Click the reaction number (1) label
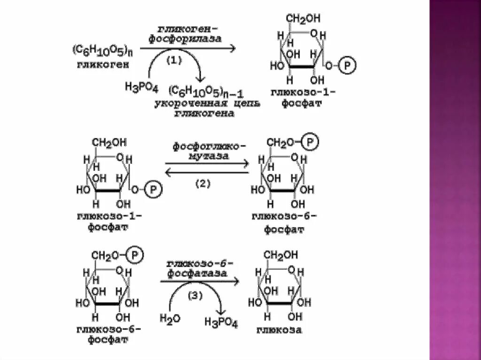point(174,61)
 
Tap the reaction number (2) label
point(203,184)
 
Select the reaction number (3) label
point(196,296)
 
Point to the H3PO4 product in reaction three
point(221,322)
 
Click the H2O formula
point(170,319)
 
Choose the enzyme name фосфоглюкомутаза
point(206,151)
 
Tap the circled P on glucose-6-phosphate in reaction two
point(310,142)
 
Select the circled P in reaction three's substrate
point(134,255)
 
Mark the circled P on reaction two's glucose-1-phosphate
point(152,190)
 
